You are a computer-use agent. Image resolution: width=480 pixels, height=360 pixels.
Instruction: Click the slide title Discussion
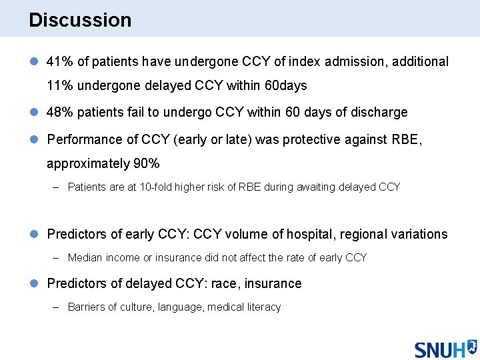click(80, 20)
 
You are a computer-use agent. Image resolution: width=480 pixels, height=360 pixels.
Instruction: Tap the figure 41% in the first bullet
click(60, 62)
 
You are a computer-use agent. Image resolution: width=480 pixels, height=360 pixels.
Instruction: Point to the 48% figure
click(60, 113)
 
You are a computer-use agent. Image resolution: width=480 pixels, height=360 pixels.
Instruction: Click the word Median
click(85, 257)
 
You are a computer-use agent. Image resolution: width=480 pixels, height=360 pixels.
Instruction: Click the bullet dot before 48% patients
click(34, 113)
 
